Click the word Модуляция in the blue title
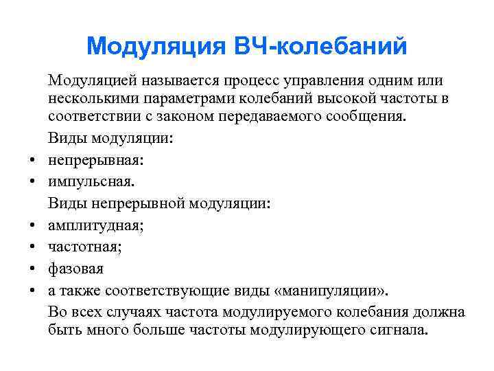tap(148, 47)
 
